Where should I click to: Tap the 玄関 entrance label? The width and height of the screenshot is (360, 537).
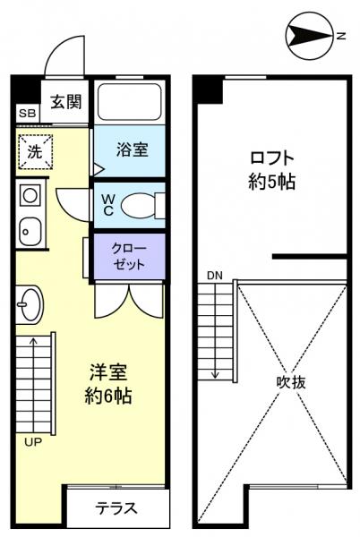[x=64, y=100]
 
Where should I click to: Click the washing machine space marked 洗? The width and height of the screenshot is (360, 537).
[x=34, y=150]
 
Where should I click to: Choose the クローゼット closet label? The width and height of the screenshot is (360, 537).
[x=125, y=256]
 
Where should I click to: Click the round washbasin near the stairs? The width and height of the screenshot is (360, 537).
[x=29, y=305]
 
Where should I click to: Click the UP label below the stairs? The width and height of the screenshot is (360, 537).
[x=32, y=441]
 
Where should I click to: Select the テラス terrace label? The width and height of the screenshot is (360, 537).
[x=116, y=508]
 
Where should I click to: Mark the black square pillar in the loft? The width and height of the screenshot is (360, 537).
[x=210, y=89]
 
